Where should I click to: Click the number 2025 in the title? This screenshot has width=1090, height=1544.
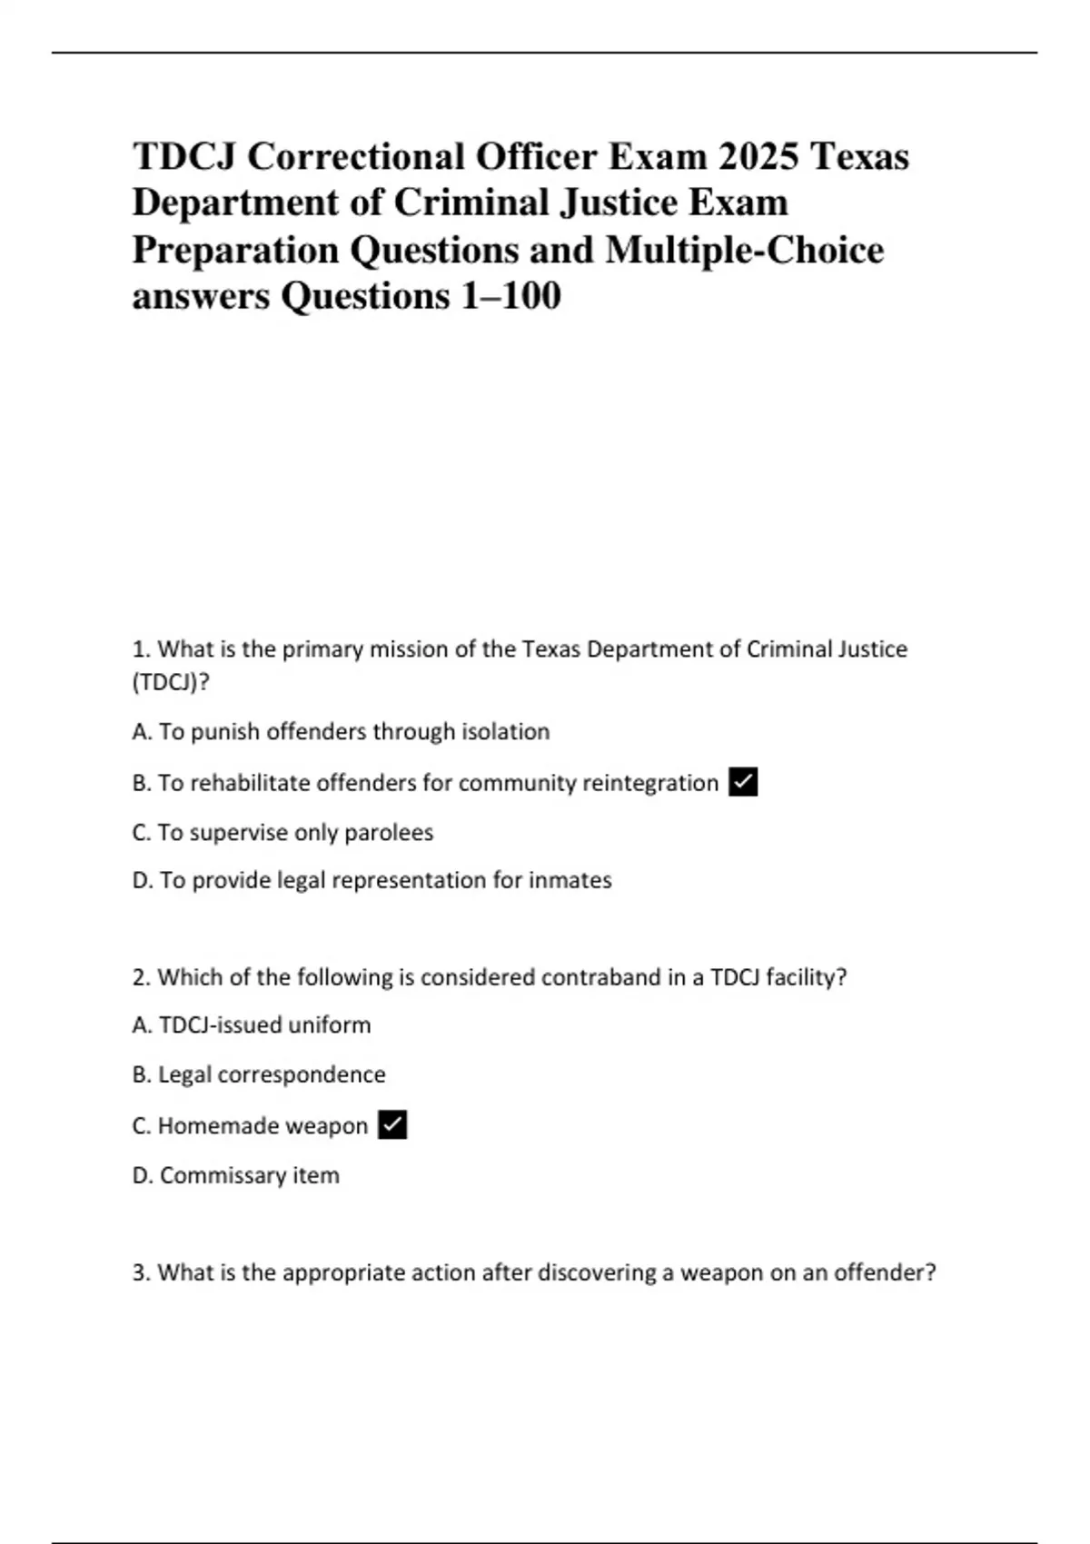pos(758,156)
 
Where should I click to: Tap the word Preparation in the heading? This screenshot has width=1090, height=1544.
pos(235,250)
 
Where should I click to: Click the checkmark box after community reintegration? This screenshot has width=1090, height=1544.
pos(743,782)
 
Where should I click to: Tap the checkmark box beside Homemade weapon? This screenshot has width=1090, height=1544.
pos(391,1125)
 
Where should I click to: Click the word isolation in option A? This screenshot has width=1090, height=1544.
pos(505,732)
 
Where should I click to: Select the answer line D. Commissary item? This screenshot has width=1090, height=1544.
pos(236,1175)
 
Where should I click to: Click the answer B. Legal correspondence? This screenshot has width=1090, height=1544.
pos(259,1074)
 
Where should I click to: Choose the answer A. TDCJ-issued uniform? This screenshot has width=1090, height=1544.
pos(252,1025)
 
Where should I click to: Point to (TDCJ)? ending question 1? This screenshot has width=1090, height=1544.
pos(171,682)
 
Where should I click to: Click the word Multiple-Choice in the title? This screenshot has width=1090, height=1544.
pos(744,250)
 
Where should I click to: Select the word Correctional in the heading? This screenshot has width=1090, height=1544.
pos(356,156)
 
